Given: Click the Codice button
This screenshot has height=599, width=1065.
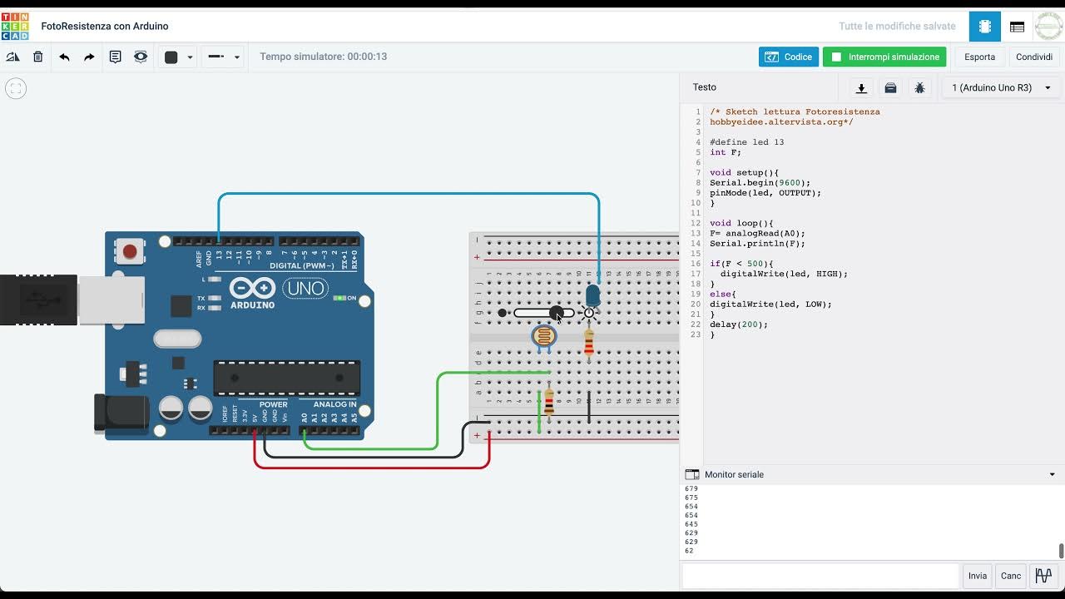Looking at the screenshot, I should [788, 57].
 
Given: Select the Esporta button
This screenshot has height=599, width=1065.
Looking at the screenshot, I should [979, 57].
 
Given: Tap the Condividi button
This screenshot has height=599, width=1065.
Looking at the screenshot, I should [1034, 57].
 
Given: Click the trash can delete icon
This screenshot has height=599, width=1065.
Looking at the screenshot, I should [38, 57].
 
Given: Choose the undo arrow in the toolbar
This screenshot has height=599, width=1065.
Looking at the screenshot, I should [64, 57].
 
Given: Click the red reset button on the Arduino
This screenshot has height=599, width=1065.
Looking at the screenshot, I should [130, 251].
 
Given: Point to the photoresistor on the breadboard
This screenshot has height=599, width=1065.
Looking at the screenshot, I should [543, 336].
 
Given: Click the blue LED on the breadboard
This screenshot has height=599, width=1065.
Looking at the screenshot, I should [592, 295].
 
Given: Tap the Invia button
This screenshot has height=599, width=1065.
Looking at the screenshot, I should [977, 576].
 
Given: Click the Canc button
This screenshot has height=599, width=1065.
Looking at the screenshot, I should [1011, 576].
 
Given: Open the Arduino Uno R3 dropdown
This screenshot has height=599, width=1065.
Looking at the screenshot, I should [1001, 87].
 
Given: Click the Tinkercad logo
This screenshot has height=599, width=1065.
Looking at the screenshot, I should [15, 26].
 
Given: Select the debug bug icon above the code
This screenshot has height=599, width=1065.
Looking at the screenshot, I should [919, 87].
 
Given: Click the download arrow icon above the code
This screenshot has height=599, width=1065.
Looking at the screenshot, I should [861, 87].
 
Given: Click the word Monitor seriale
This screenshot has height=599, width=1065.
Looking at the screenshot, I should [734, 474].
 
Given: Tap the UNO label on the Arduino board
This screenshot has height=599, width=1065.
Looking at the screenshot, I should [305, 289].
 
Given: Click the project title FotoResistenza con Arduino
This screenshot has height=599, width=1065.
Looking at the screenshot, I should [104, 26].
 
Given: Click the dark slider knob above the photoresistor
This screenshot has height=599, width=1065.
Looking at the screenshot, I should [556, 313].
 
